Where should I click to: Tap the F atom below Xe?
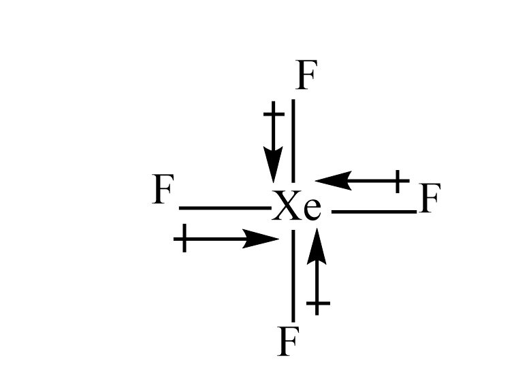pyautogui.click(x=288, y=342)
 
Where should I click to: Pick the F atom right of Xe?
pyautogui.click(x=430, y=199)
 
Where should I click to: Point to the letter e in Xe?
pyautogui.click(x=311, y=211)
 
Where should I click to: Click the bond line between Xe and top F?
pyautogui.click(x=293, y=139)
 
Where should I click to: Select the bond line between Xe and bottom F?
pyautogui.click(x=293, y=275)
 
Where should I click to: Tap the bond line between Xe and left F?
pyautogui.click(x=223, y=208)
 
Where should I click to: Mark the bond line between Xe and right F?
pyautogui.click(x=373, y=212)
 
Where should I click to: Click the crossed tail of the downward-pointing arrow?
pyautogui.click(x=273, y=113)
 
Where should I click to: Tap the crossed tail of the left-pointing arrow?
pyautogui.click(x=400, y=181)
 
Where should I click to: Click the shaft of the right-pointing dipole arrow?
pyautogui.click(x=218, y=239)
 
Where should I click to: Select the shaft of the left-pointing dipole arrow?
pyautogui.click(x=371, y=181)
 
